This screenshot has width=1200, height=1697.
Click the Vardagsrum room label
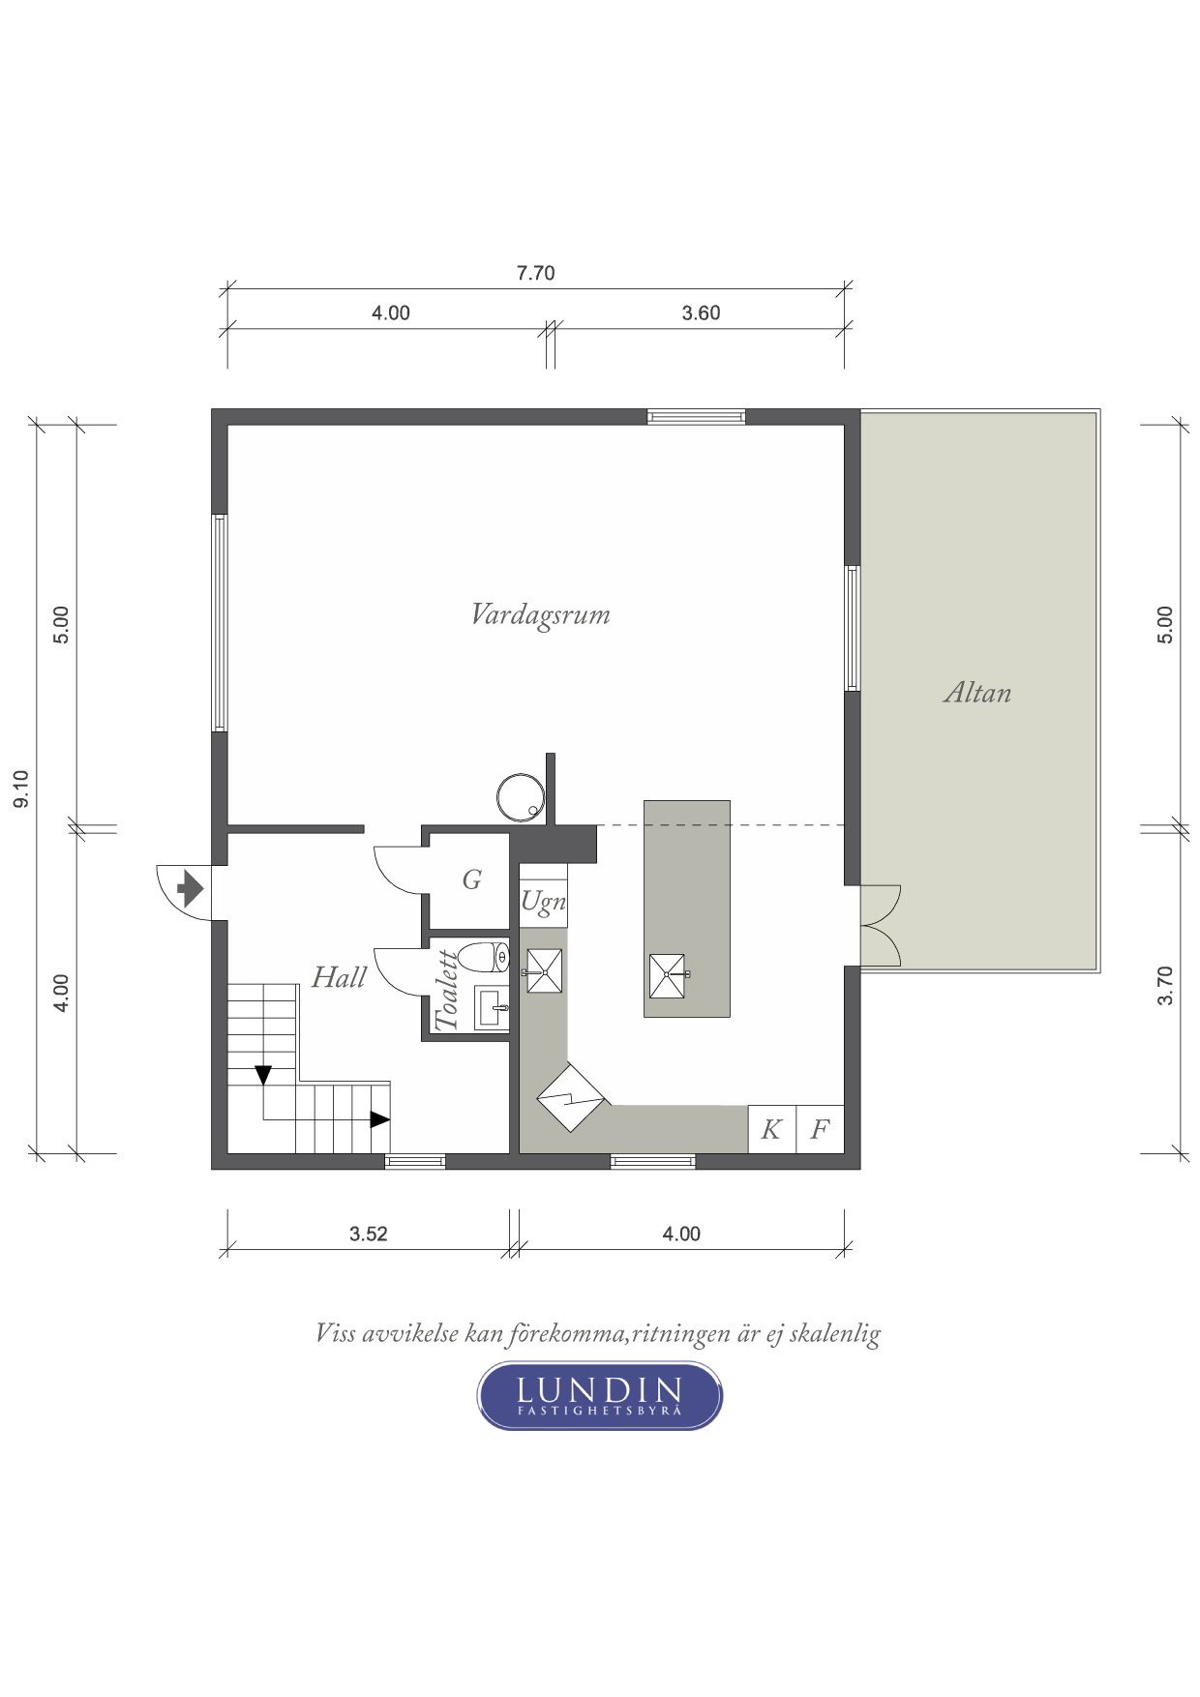(x=540, y=615)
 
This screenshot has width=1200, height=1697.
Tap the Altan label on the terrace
(x=977, y=693)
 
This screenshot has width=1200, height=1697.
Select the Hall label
(x=339, y=977)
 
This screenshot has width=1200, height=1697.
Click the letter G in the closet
(x=471, y=879)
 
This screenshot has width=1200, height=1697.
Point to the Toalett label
(x=447, y=991)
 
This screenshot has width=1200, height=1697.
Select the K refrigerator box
(x=771, y=1129)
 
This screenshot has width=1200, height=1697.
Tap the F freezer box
(x=820, y=1129)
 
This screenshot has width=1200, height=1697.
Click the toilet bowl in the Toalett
(x=483, y=958)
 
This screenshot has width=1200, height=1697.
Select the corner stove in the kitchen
(x=571, y=1097)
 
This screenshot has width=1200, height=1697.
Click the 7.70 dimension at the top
(x=535, y=273)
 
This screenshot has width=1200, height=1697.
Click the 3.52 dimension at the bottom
(x=369, y=1234)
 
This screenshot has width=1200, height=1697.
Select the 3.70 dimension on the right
(x=1165, y=986)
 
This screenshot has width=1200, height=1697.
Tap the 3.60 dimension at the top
(x=701, y=313)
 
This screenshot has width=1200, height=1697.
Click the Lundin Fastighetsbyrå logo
(x=600, y=1395)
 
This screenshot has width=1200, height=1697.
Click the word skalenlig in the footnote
(x=834, y=1334)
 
